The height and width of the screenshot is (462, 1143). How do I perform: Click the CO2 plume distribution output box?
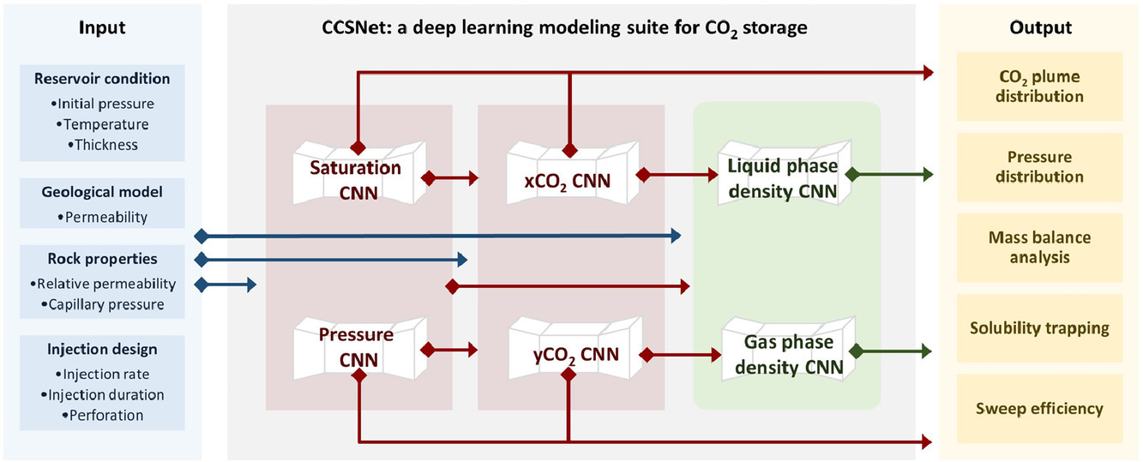click(x=1038, y=87)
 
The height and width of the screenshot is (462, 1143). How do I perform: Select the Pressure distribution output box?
click(x=1038, y=167)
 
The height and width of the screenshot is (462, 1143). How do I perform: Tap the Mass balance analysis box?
click(x=1038, y=247)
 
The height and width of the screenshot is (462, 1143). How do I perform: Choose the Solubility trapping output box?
click(x=1038, y=328)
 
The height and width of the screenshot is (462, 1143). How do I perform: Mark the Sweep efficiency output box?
click(x=1038, y=408)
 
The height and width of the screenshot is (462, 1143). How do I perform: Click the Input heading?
click(x=102, y=27)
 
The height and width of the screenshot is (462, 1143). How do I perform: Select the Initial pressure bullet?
click(x=102, y=104)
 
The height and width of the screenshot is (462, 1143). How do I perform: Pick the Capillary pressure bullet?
click(x=102, y=304)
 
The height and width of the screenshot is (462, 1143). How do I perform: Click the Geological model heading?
click(x=102, y=193)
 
